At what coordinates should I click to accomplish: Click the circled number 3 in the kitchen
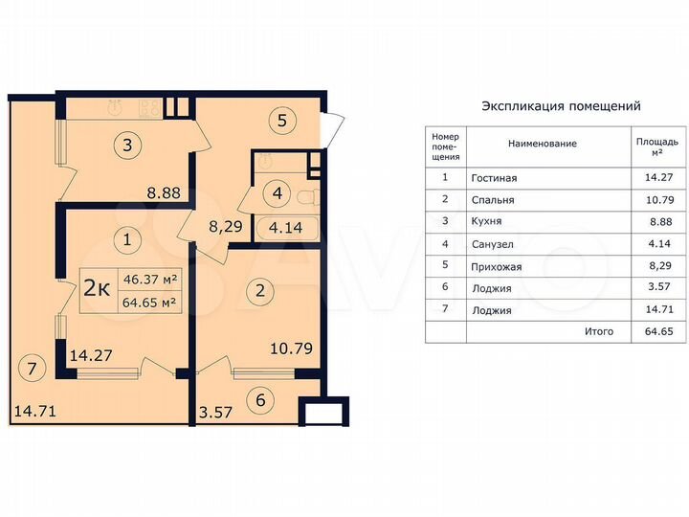(126, 146)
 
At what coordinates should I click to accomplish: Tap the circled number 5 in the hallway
(282, 122)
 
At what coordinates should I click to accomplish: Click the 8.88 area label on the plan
(166, 192)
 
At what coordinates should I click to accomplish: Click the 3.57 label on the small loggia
(215, 414)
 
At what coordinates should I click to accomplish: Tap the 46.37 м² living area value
(148, 280)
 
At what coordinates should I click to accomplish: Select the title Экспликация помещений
(561, 106)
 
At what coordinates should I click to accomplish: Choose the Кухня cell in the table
(487, 222)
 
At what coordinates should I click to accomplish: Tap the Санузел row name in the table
(493, 244)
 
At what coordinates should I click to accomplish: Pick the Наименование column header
(543, 144)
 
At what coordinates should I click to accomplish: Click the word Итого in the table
(598, 332)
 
